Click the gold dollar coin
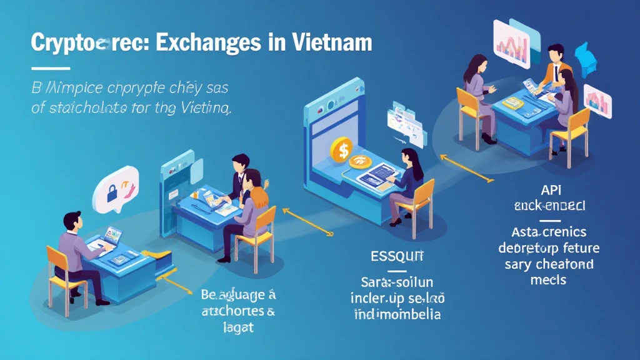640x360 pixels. [341, 150]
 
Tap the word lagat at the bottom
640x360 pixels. [237, 326]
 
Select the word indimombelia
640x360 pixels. [397, 313]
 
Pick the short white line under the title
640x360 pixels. [50, 67]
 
